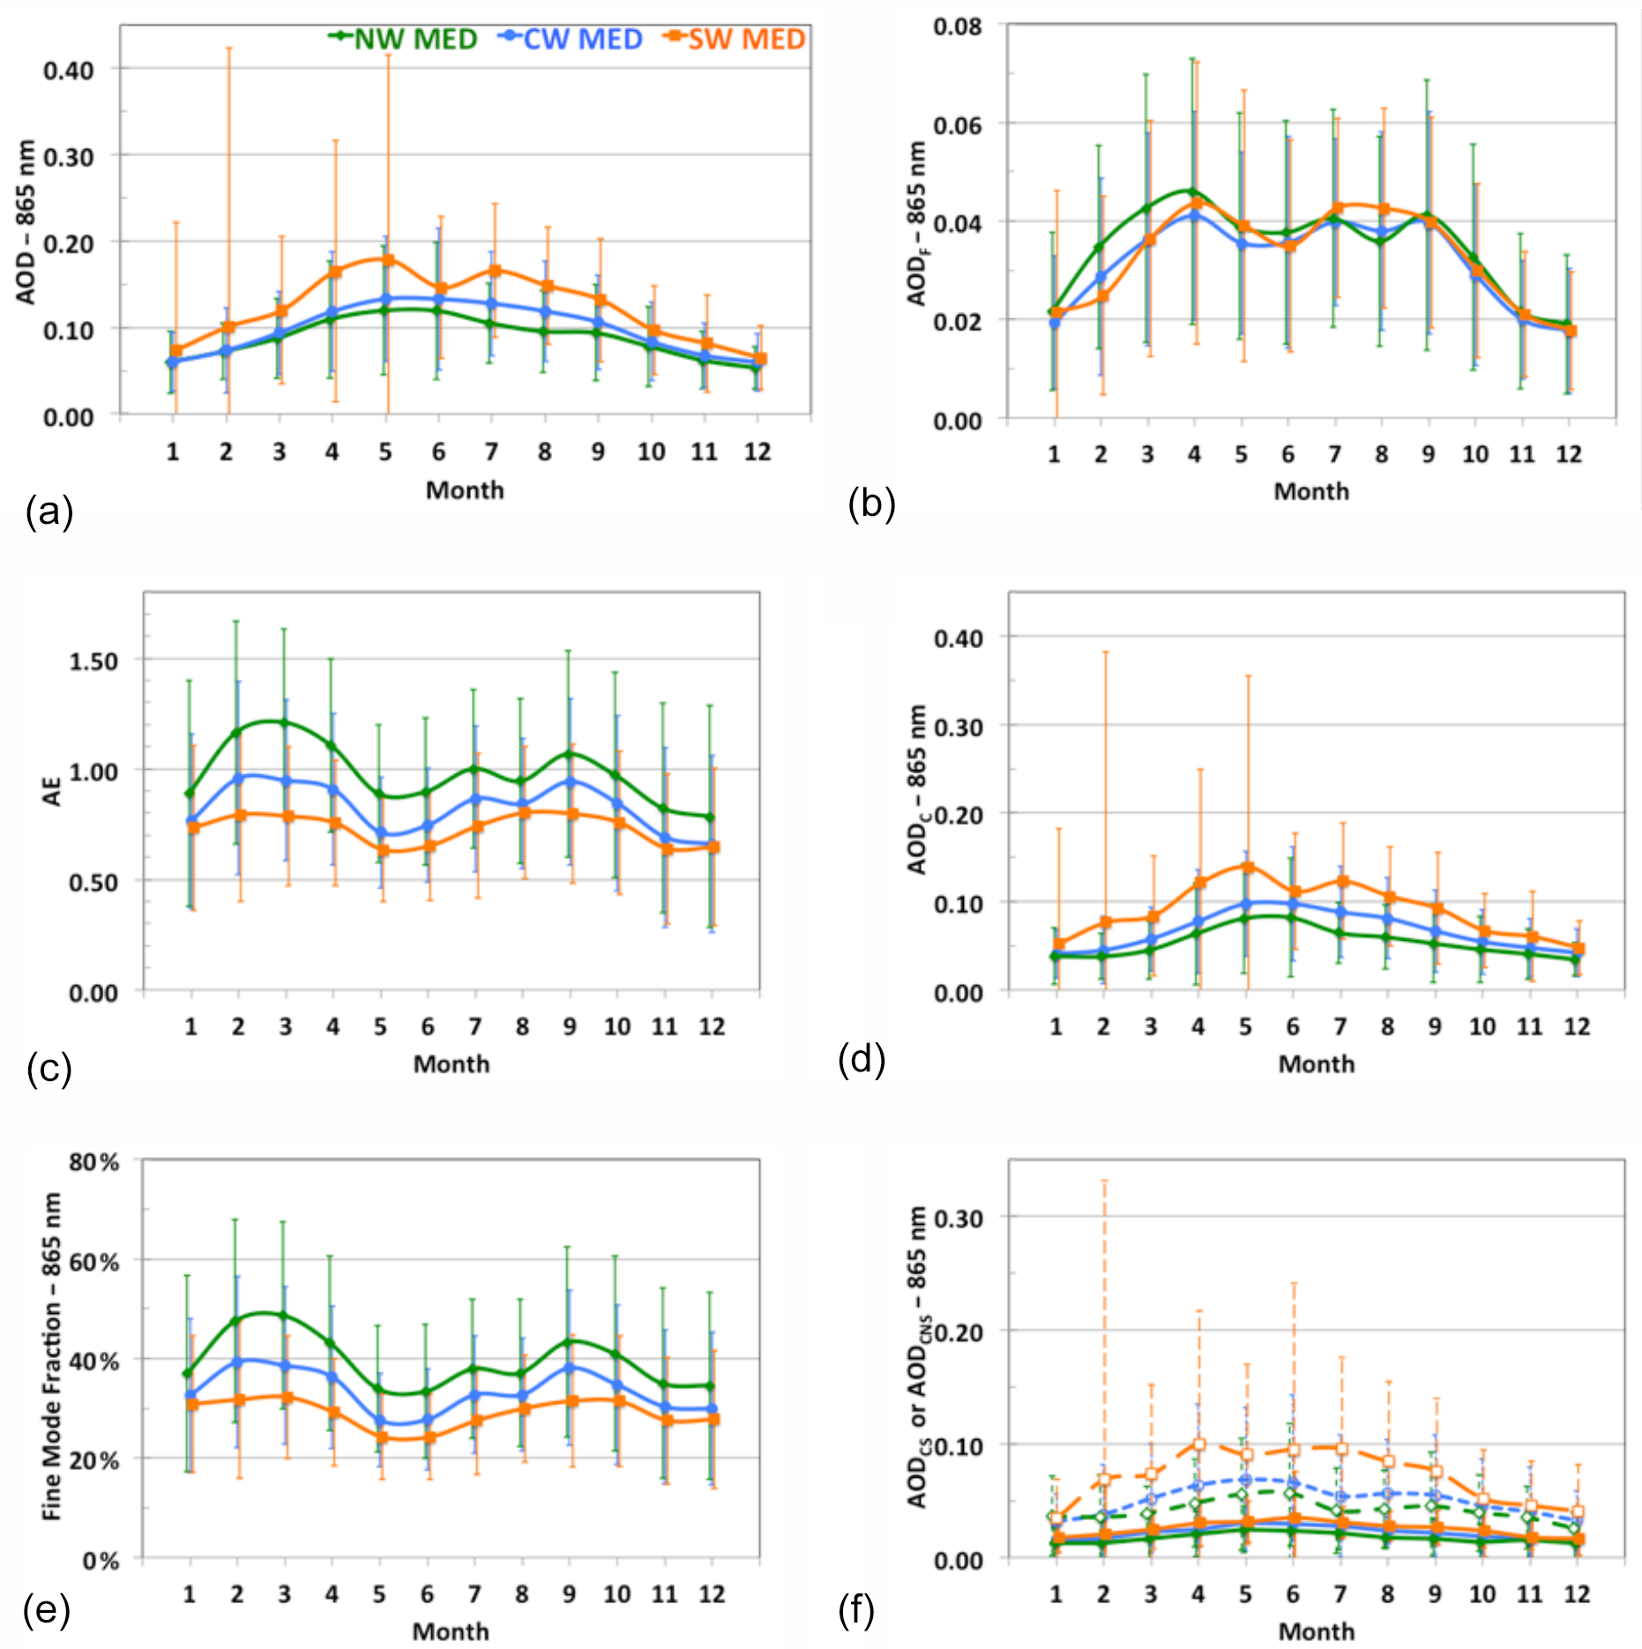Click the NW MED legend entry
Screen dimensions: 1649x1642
click(403, 40)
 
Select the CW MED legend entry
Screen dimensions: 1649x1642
click(571, 40)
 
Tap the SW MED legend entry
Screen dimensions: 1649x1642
click(735, 40)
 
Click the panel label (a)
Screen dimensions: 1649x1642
click(49, 511)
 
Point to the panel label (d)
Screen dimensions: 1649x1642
click(862, 1059)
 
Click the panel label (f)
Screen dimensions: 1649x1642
click(856, 1610)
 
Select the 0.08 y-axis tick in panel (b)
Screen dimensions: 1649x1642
click(958, 26)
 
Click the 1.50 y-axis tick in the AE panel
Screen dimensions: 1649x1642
click(93, 661)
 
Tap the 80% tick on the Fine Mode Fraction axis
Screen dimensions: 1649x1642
click(94, 1162)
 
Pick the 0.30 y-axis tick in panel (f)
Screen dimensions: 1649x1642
click(958, 1219)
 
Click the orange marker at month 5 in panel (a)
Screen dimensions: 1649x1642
click(387, 260)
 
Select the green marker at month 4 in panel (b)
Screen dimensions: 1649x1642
click(1193, 192)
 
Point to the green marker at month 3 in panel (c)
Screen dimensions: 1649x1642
click(285, 723)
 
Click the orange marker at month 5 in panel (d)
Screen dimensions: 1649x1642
click(1247, 867)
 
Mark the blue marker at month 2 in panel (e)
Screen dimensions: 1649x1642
click(237, 1362)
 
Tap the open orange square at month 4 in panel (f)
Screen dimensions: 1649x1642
click(1199, 1444)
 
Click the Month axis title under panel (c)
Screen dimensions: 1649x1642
click(452, 1064)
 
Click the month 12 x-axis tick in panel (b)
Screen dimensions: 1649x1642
click(1568, 455)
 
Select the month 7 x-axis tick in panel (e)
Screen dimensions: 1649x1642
click(474, 1594)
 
